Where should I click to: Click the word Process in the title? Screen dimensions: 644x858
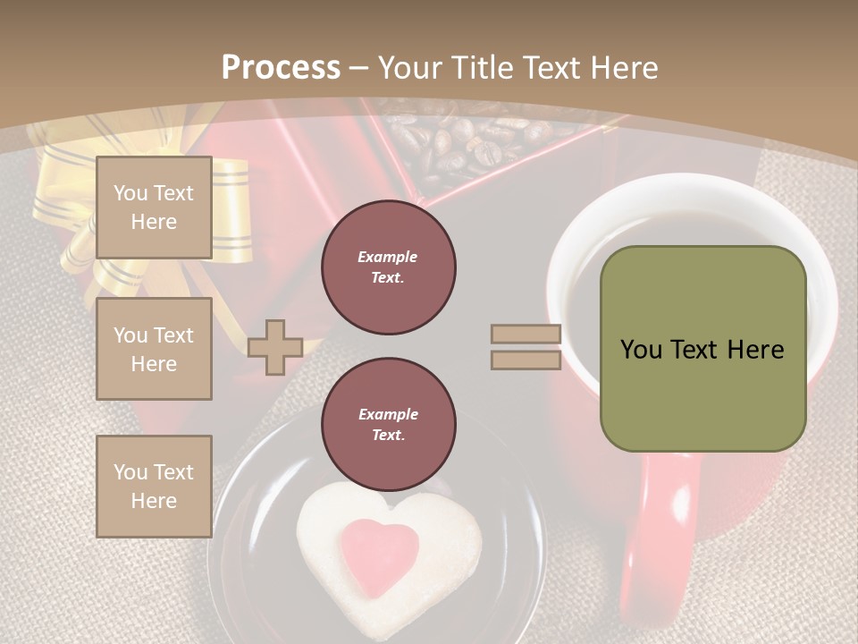point(281,67)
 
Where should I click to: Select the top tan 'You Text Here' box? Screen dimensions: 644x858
point(154,208)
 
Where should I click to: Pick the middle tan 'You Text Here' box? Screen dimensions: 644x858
point(154,349)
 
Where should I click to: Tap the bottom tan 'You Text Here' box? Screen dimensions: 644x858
point(154,487)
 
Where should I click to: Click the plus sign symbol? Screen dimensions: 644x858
point(275,347)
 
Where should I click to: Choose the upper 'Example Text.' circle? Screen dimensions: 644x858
point(389,267)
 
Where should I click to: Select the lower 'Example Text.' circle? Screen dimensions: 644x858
point(389,425)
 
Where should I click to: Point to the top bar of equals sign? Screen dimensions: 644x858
point(526,335)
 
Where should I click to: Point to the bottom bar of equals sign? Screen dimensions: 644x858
point(526,360)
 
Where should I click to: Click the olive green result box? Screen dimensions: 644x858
point(703,349)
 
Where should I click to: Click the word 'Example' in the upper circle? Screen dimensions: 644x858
point(387,257)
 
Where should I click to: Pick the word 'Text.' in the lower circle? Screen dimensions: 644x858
point(387,436)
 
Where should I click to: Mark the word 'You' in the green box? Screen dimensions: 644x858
point(641,350)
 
